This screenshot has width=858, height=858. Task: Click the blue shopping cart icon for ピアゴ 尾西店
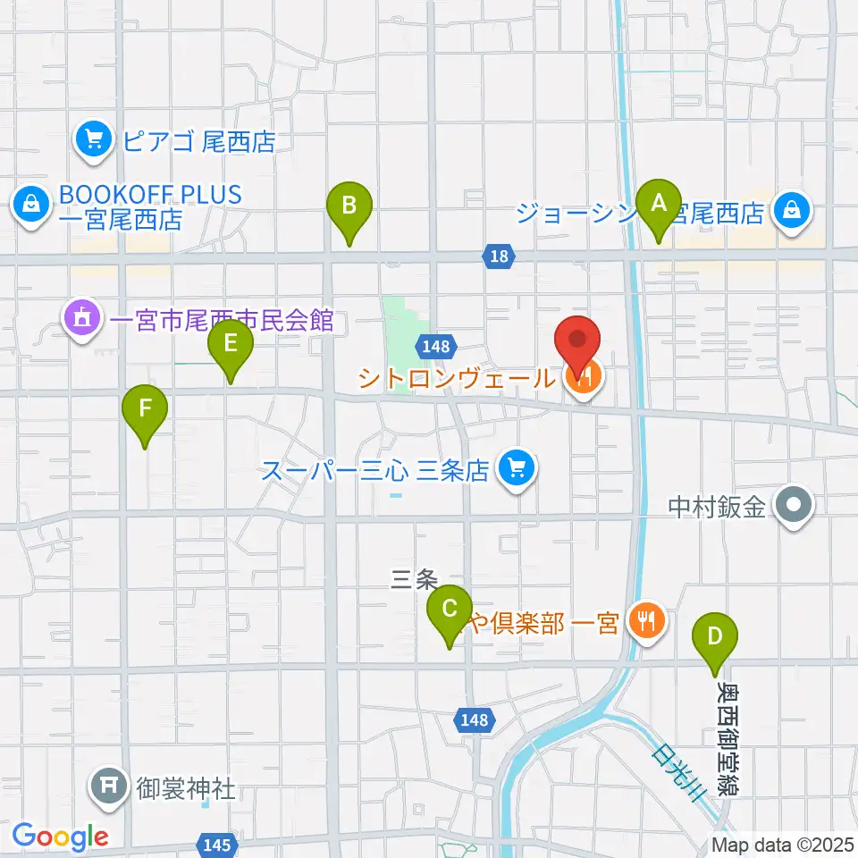(92, 141)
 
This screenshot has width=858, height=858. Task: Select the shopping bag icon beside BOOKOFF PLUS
(30, 206)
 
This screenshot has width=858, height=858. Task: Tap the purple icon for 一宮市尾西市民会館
(81, 319)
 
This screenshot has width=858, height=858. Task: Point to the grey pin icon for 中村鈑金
(792, 508)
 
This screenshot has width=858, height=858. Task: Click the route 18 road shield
(500, 257)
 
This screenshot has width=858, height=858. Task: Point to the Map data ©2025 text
(781, 844)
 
